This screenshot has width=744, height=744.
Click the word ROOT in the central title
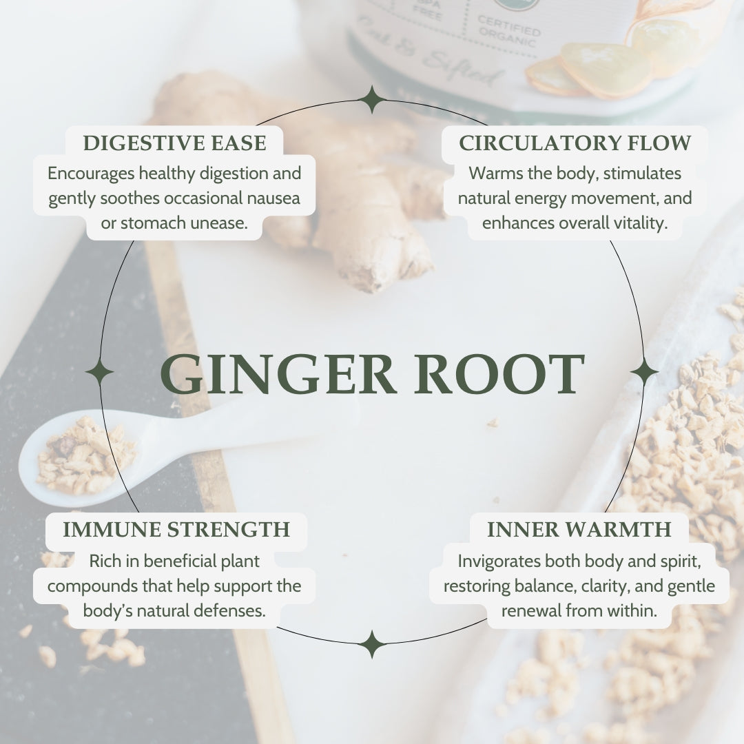[499, 375]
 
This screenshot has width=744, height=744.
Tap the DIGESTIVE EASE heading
[174, 143]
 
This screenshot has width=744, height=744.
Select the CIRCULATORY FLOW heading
[575, 143]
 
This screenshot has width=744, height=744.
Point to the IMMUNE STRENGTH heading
[176, 529]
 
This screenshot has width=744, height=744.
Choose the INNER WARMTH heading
[579, 529]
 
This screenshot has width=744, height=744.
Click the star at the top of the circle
[372, 100]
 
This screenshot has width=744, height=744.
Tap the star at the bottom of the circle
[372, 644]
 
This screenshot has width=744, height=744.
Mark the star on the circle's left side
[100, 372]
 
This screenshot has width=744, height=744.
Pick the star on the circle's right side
[644, 372]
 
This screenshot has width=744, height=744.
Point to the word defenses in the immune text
[233, 610]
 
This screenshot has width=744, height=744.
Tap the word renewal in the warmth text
[531, 610]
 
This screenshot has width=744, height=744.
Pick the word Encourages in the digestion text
[91, 173]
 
